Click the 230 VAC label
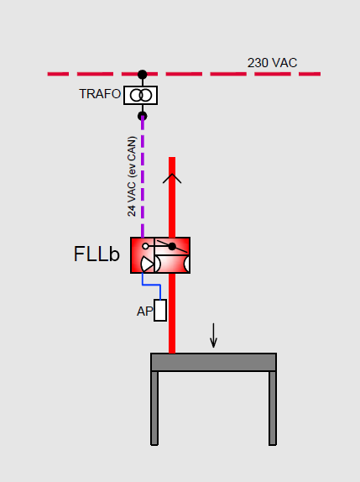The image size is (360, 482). click(x=272, y=63)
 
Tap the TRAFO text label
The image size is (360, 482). click(x=100, y=94)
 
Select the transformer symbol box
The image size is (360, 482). click(x=141, y=95)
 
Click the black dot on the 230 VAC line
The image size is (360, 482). click(x=142, y=75)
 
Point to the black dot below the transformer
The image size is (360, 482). click(x=142, y=116)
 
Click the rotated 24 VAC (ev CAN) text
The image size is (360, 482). click(x=132, y=176)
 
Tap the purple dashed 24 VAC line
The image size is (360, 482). click(x=143, y=176)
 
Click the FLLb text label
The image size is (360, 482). click(x=97, y=254)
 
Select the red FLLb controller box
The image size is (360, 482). click(x=160, y=255)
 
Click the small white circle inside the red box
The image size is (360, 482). click(x=146, y=246)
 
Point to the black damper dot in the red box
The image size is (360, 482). click(x=172, y=246)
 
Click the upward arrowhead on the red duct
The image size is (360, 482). click(x=172, y=178)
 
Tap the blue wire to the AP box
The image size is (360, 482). click(x=151, y=286)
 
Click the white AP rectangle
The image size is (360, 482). click(x=160, y=311)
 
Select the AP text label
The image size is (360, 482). click(x=144, y=312)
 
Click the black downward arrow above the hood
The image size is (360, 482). click(x=213, y=335)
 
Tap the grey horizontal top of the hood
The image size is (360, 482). click(x=214, y=362)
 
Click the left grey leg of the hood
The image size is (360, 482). click(x=154, y=408)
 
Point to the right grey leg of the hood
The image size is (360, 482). click(x=273, y=408)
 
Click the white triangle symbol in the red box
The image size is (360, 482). click(x=147, y=264)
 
